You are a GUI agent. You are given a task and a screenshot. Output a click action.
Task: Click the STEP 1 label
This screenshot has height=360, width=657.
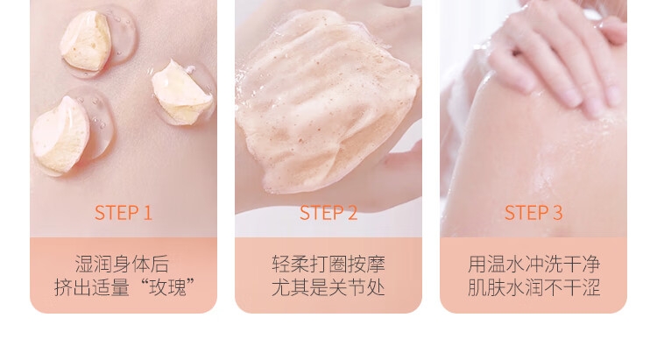(124, 213)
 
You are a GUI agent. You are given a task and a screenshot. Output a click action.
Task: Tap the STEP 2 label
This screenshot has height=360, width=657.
(328, 213)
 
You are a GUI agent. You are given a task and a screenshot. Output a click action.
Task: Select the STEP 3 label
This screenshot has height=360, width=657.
(533, 213)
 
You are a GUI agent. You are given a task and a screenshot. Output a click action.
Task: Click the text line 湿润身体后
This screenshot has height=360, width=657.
(122, 265)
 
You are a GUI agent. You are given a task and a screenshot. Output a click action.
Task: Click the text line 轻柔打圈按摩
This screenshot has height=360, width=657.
(328, 265)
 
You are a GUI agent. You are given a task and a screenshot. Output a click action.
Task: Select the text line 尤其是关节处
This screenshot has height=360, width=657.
(328, 288)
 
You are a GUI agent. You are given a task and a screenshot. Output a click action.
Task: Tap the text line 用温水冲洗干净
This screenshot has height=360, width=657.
(533, 265)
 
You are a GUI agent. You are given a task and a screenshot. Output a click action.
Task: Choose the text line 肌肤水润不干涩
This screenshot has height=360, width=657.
(533, 288)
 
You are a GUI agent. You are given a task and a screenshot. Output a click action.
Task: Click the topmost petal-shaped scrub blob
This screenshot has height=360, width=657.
(86, 40)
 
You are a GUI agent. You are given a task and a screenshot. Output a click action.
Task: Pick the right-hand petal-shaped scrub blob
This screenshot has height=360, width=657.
(181, 94)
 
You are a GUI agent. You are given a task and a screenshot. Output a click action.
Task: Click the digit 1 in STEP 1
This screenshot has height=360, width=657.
(147, 213)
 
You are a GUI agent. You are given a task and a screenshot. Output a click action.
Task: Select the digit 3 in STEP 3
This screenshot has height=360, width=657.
(558, 213)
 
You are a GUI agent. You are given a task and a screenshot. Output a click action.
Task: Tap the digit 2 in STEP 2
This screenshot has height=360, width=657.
(352, 213)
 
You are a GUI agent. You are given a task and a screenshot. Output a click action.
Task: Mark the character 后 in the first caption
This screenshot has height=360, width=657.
(160, 265)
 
